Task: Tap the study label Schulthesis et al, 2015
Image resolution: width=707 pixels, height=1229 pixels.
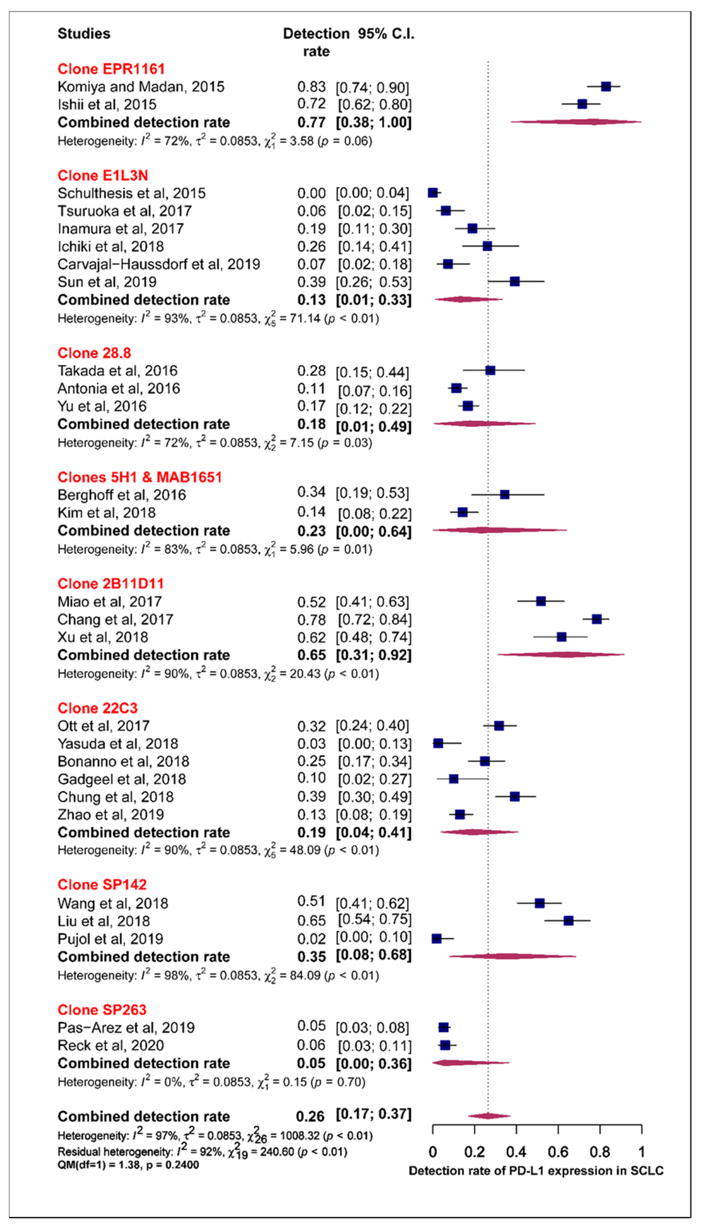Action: coord(131,193)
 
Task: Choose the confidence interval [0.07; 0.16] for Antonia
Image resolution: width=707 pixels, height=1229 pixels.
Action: coord(374,390)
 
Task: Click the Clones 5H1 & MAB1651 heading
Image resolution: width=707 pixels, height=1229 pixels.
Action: coord(139,477)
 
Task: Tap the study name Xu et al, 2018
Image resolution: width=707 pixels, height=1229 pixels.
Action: coord(103,637)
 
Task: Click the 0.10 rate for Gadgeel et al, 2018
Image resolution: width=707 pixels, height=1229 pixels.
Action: coord(311,778)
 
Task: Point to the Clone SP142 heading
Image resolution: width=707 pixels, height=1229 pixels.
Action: coord(102,885)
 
